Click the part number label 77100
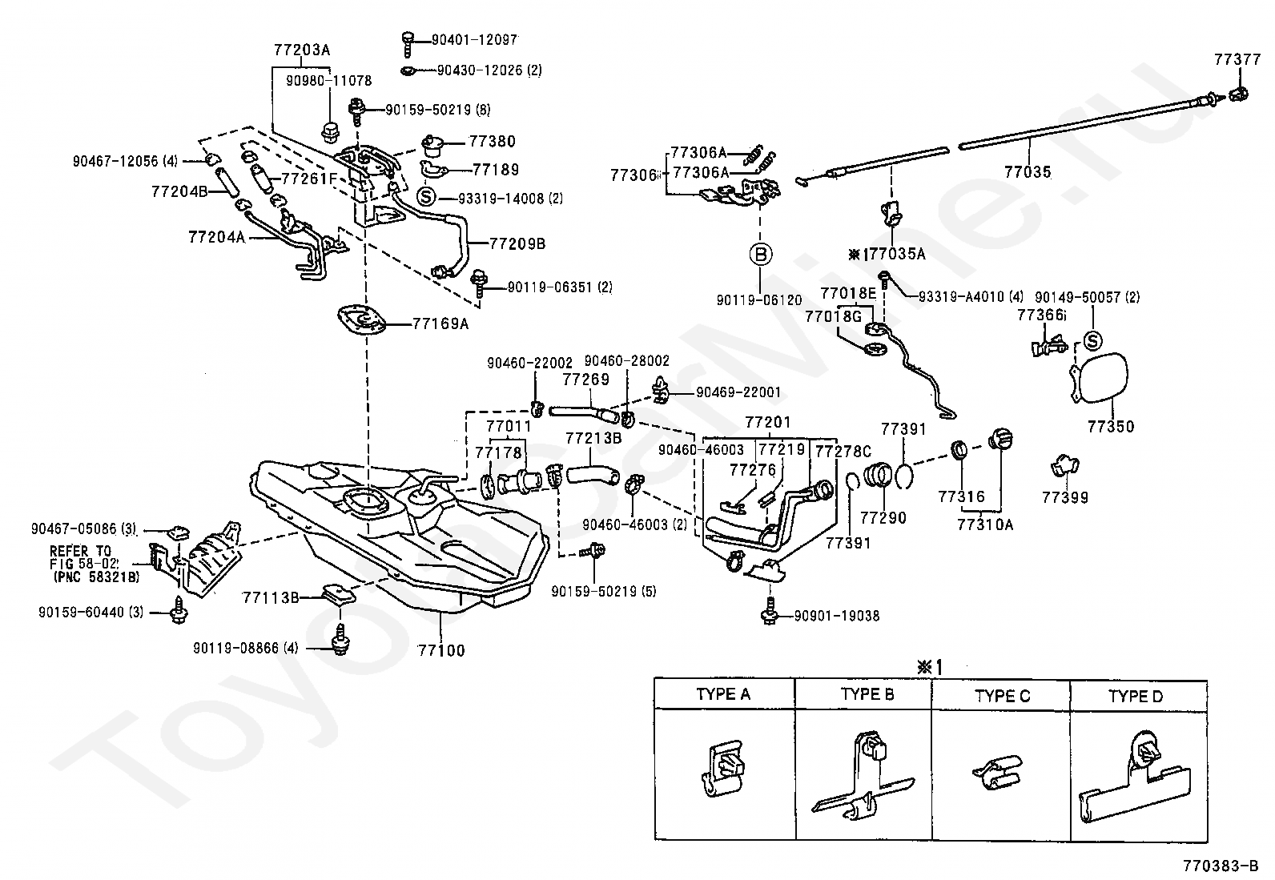point(441,649)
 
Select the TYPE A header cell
point(724,694)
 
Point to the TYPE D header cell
point(1138,696)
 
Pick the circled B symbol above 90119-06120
point(761,254)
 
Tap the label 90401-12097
point(474,39)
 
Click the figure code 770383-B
point(1221,866)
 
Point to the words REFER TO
point(80,551)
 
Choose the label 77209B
point(517,243)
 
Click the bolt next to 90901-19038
point(770,611)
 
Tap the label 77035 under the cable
point(1028,171)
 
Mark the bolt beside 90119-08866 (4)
point(340,640)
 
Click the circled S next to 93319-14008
point(426,197)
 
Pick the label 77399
point(1065,497)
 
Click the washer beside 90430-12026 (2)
point(408,70)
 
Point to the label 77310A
point(985,524)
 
